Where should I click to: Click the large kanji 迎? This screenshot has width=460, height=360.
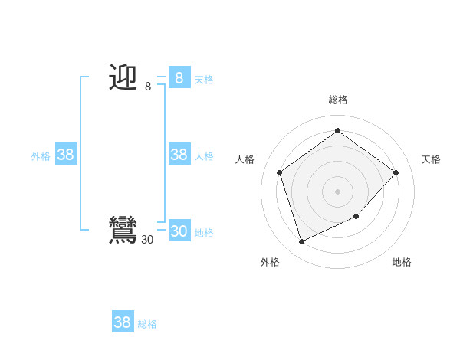click(123, 77)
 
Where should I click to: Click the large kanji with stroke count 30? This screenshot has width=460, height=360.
click(123, 230)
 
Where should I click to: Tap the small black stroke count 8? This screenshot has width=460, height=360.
click(148, 87)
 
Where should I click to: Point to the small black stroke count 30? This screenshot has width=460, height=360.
click(147, 240)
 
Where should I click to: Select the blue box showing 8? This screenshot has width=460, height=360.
click(179, 78)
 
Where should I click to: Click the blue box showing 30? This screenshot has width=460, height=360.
click(179, 231)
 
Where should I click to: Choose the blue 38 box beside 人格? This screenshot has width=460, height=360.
click(179, 155)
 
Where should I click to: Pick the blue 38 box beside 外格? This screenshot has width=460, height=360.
click(66, 155)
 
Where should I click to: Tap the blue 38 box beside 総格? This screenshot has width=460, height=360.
click(123, 322)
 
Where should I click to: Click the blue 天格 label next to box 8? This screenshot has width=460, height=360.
click(204, 80)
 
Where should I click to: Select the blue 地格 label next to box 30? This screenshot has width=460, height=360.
click(204, 233)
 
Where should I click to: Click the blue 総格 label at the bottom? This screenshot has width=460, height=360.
click(147, 324)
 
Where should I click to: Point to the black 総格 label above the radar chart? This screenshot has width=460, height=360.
click(337, 100)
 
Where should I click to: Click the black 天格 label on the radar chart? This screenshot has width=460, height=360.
click(431, 159)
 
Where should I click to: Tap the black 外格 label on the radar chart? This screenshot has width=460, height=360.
click(270, 262)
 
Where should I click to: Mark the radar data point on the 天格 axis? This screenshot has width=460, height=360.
click(396, 172)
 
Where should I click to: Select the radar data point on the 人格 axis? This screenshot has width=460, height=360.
click(279, 172)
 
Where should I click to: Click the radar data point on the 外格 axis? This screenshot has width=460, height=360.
click(301, 242)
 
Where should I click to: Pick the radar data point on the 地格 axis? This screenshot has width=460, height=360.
click(356, 216)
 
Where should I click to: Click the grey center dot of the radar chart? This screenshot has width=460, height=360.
click(337, 191)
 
